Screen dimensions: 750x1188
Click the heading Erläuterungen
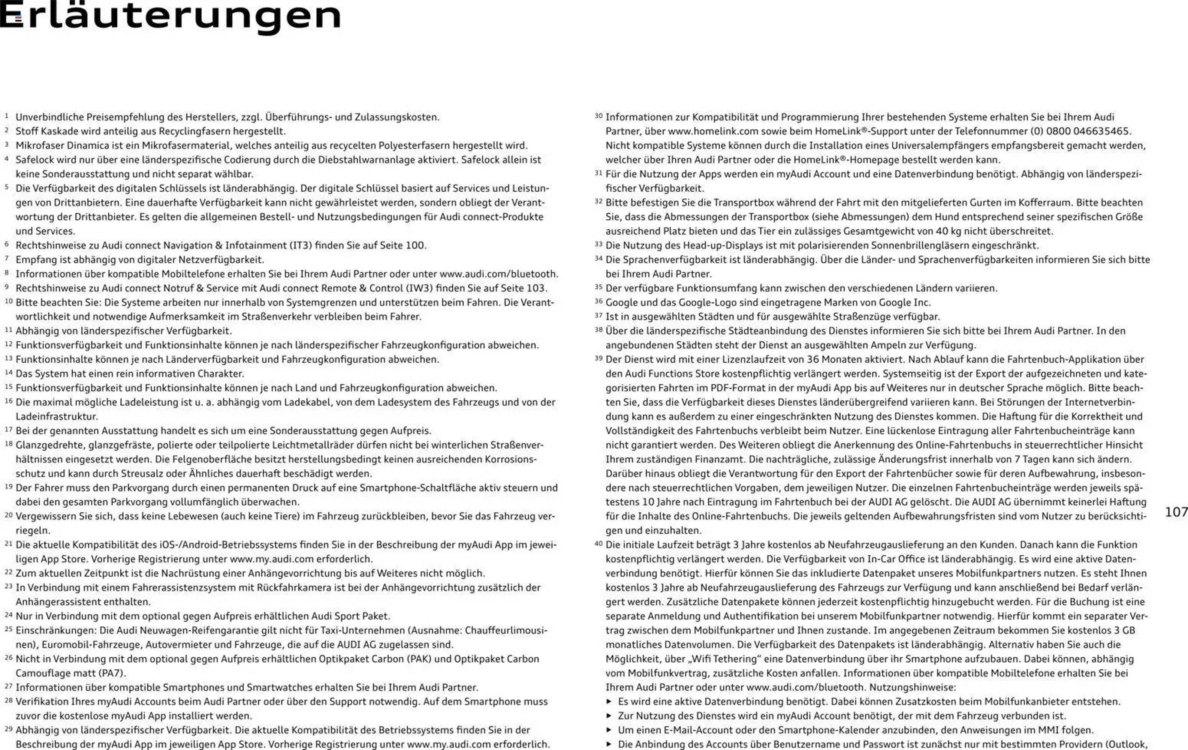coord(170,16)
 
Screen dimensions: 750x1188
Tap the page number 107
coord(1176,511)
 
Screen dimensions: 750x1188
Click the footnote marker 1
coord(6,116)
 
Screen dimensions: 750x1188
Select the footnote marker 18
coord(8,444)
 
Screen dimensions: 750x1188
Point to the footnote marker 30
coord(598,116)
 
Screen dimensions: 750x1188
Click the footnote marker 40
coord(598,544)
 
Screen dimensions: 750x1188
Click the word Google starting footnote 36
coord(622,303)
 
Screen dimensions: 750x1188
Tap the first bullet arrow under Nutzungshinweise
coord(609,702)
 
